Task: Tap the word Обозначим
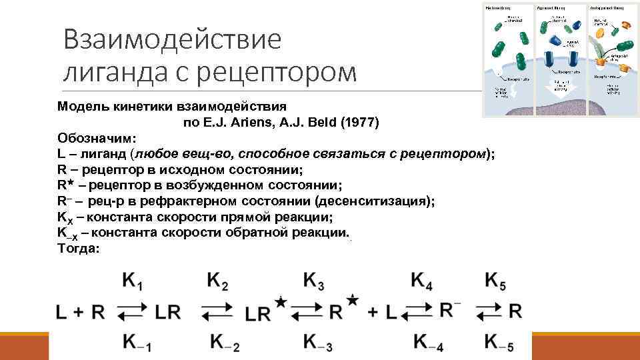click(96, 138)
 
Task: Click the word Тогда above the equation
click(78, 248)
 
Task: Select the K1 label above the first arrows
click(132, 282)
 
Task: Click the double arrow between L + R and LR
click(133, 312)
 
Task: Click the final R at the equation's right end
click(515, 311)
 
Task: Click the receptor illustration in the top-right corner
click(559, 59)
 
